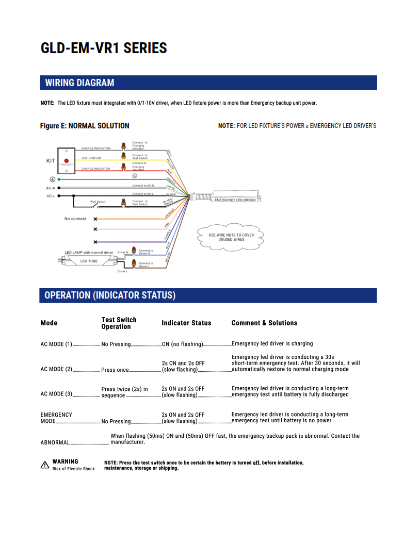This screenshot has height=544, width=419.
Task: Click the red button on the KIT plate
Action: (x=67, y=161)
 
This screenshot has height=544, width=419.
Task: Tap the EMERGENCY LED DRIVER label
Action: (x=235, y=200)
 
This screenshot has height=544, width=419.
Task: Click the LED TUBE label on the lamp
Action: (x=89, y=261)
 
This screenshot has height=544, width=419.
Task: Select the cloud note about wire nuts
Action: (x=231, y=237)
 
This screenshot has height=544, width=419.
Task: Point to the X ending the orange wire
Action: (x=95, y=219)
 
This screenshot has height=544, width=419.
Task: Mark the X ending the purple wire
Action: (x=95, y=242)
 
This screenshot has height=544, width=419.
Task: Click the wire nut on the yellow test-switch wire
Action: (x=123, y=156)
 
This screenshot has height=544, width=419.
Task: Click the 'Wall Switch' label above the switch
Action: (x=98, y=202)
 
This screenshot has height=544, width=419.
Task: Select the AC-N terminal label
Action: (x=51, y=188)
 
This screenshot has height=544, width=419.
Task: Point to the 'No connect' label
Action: (x=75, y=219)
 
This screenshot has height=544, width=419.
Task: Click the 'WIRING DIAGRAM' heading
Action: (x=79, y=83)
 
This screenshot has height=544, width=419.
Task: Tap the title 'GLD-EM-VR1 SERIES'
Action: (x=104, y=48)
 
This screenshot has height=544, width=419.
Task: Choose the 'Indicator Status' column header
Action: (x=186, y=323)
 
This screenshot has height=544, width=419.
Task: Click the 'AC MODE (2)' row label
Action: (x=56, y=369)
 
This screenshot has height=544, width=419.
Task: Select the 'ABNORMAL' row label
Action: (x=55, y=442)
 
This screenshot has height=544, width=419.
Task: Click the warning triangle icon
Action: (x=45, y=465)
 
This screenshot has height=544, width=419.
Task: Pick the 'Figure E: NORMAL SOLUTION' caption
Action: (x=85, y=126)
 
